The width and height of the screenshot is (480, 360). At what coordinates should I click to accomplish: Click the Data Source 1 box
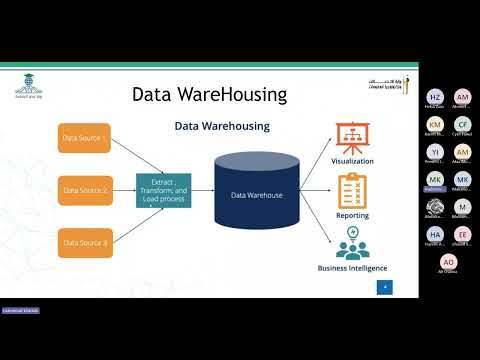(x=84, y=138)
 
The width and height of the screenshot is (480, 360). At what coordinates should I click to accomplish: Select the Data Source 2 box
(x=84, y=188)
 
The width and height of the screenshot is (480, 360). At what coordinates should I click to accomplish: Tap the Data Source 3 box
(x=84, y=242)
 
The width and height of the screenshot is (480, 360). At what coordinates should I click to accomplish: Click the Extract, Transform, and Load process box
(x=163, y=190)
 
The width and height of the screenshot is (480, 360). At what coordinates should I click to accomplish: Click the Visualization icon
(x=351, y=138)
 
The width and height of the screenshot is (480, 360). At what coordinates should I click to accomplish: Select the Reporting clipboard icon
(x=351, y=189)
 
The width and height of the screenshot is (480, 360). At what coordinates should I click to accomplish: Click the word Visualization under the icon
(x=351, y=161)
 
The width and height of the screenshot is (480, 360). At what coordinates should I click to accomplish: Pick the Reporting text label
(x=351, y=214)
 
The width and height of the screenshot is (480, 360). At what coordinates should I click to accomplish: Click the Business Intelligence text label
(x=351, y=268)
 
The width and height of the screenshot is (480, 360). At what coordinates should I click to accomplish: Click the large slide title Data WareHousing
(x=210, y=95)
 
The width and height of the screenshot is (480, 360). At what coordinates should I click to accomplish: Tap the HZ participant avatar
(x=435, y=95)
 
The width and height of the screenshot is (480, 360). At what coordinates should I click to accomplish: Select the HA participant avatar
(x=435, y=233)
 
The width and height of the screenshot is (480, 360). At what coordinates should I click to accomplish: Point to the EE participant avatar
(x=462, y=233)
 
